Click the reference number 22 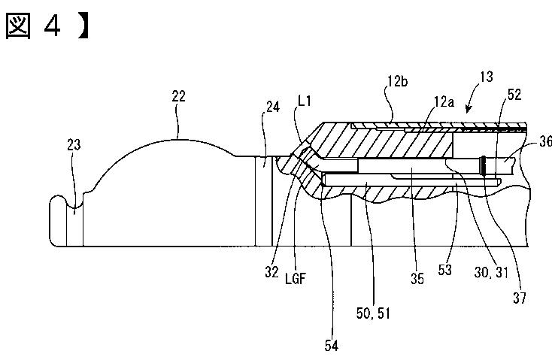tap(178, 96)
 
